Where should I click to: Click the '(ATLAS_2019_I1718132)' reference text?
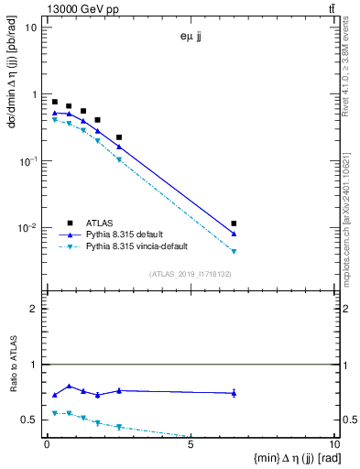191,274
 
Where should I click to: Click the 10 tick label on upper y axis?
31,27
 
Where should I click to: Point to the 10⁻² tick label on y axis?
28,228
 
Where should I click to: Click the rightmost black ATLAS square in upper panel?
235,224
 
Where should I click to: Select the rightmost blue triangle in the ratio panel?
235,393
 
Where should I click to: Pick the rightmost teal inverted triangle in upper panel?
235,251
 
